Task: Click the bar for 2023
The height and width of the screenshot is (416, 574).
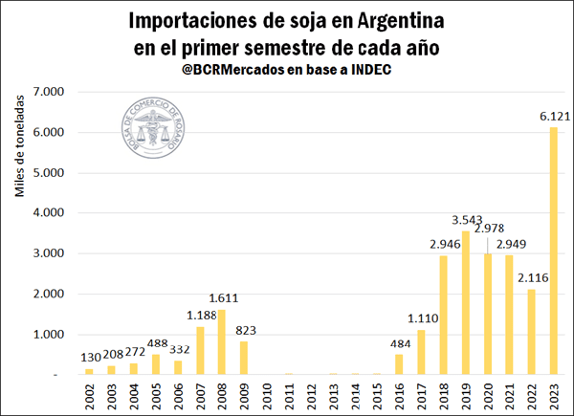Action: click(553, 251)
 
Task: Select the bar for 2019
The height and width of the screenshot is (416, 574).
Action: click(466, 302)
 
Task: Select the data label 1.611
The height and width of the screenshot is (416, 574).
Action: click(225, 297)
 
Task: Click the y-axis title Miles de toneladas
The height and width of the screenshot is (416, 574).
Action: click(20, 153)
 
